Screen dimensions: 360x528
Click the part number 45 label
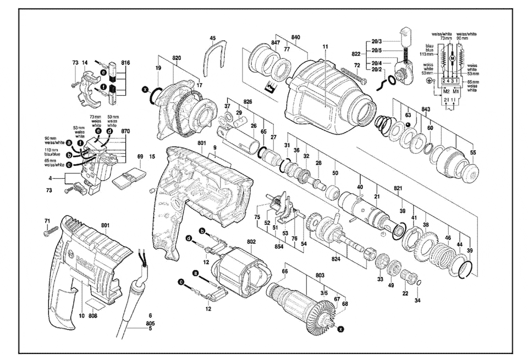tap(213, 38)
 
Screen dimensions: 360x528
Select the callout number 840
tap(295, 37)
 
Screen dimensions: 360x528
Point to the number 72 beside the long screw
tap(356, 66)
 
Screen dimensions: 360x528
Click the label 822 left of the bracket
tap(356, 55)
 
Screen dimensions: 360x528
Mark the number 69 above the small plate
tap(140, 157)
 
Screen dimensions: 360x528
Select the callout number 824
tap(335, 257)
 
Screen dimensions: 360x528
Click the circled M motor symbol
tap(452, 58)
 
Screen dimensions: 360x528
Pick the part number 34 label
tap(417, 300)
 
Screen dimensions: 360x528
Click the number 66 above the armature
tap(284, 271)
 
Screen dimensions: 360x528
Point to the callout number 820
tap(176, 58)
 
